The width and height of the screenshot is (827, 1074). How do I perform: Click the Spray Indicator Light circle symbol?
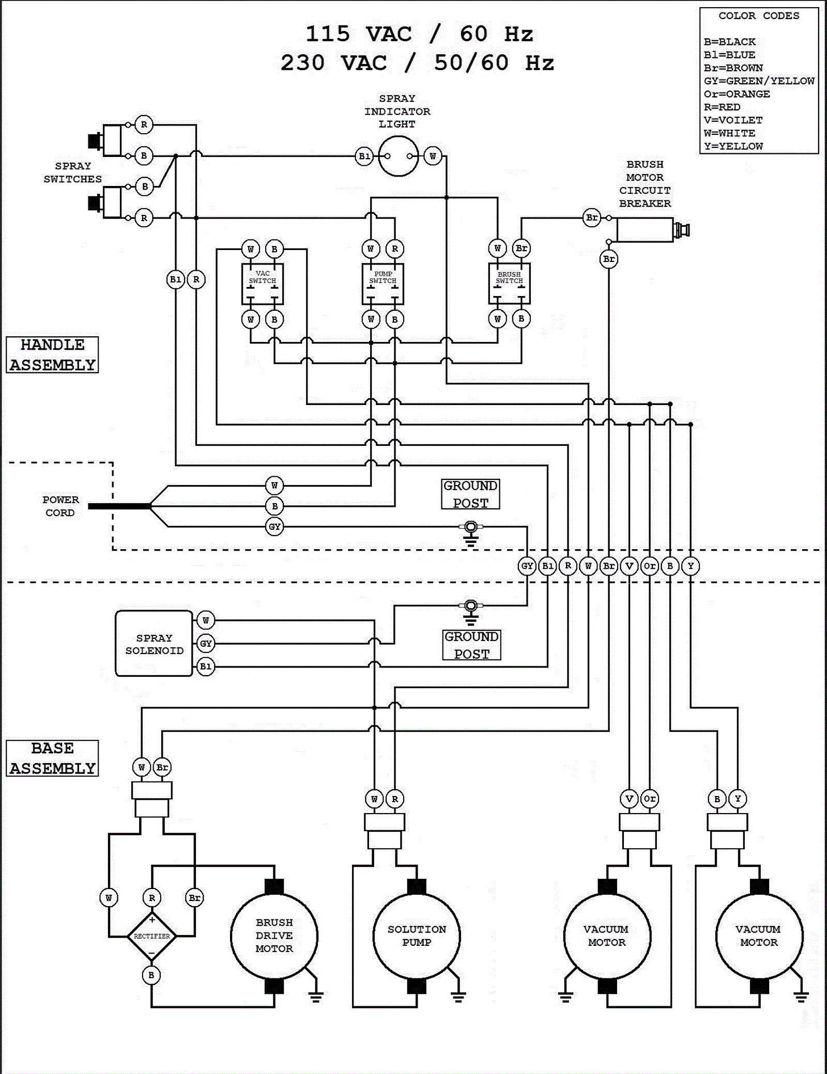pyautogui.click(x=398, y=156)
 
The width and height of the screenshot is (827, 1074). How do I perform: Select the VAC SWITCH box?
pyautogui.click(x=263, y=284)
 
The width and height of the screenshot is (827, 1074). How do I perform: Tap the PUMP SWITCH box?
pyautogui.click(x=382, y=284)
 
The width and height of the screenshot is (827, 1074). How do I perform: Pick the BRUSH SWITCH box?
pyautogui.click(x=509, y=284)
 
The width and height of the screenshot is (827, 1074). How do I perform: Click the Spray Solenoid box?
pyautogui.click(x=154, y=644)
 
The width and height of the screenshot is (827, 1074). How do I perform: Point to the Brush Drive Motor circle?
pyautogui.click(x=274, y=936)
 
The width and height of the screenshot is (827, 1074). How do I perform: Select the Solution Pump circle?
pyautogui.click(x=417, y=936)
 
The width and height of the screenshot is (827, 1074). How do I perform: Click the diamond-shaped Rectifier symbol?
pyautogui.click(x=152, y=936)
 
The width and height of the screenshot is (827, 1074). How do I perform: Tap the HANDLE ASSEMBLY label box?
pyautogui.click(x=52, y=355)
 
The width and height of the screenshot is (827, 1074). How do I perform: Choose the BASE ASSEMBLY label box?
pyautogui.click(x=52, y=758)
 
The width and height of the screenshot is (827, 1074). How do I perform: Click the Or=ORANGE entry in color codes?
pyautogui.click(x=737, y=94)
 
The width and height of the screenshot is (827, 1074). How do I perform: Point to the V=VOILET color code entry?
pyautogui.click(x=733, y=120)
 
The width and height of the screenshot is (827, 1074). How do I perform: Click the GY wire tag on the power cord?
pyautogui.click(x=274, y=527)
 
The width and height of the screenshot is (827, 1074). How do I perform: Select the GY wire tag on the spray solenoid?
pyautogui.click(x=206, y=644)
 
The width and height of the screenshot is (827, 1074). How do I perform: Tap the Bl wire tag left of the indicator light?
pyautogui.click(x=364, y=156)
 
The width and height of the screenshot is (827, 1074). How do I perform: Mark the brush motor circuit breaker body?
pyautogui.click(x=645, y=230)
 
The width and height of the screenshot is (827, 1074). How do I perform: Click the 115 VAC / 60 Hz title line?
pyautogui.click(x=419, y=35)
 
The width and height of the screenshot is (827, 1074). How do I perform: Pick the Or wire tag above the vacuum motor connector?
pyautogui.click(x=650, y=799)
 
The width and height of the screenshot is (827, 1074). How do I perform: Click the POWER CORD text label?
pyautogui.click(x=60, y=506)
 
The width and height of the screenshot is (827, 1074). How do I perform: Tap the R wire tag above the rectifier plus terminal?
pyautogui.click(x=152, y=898)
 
